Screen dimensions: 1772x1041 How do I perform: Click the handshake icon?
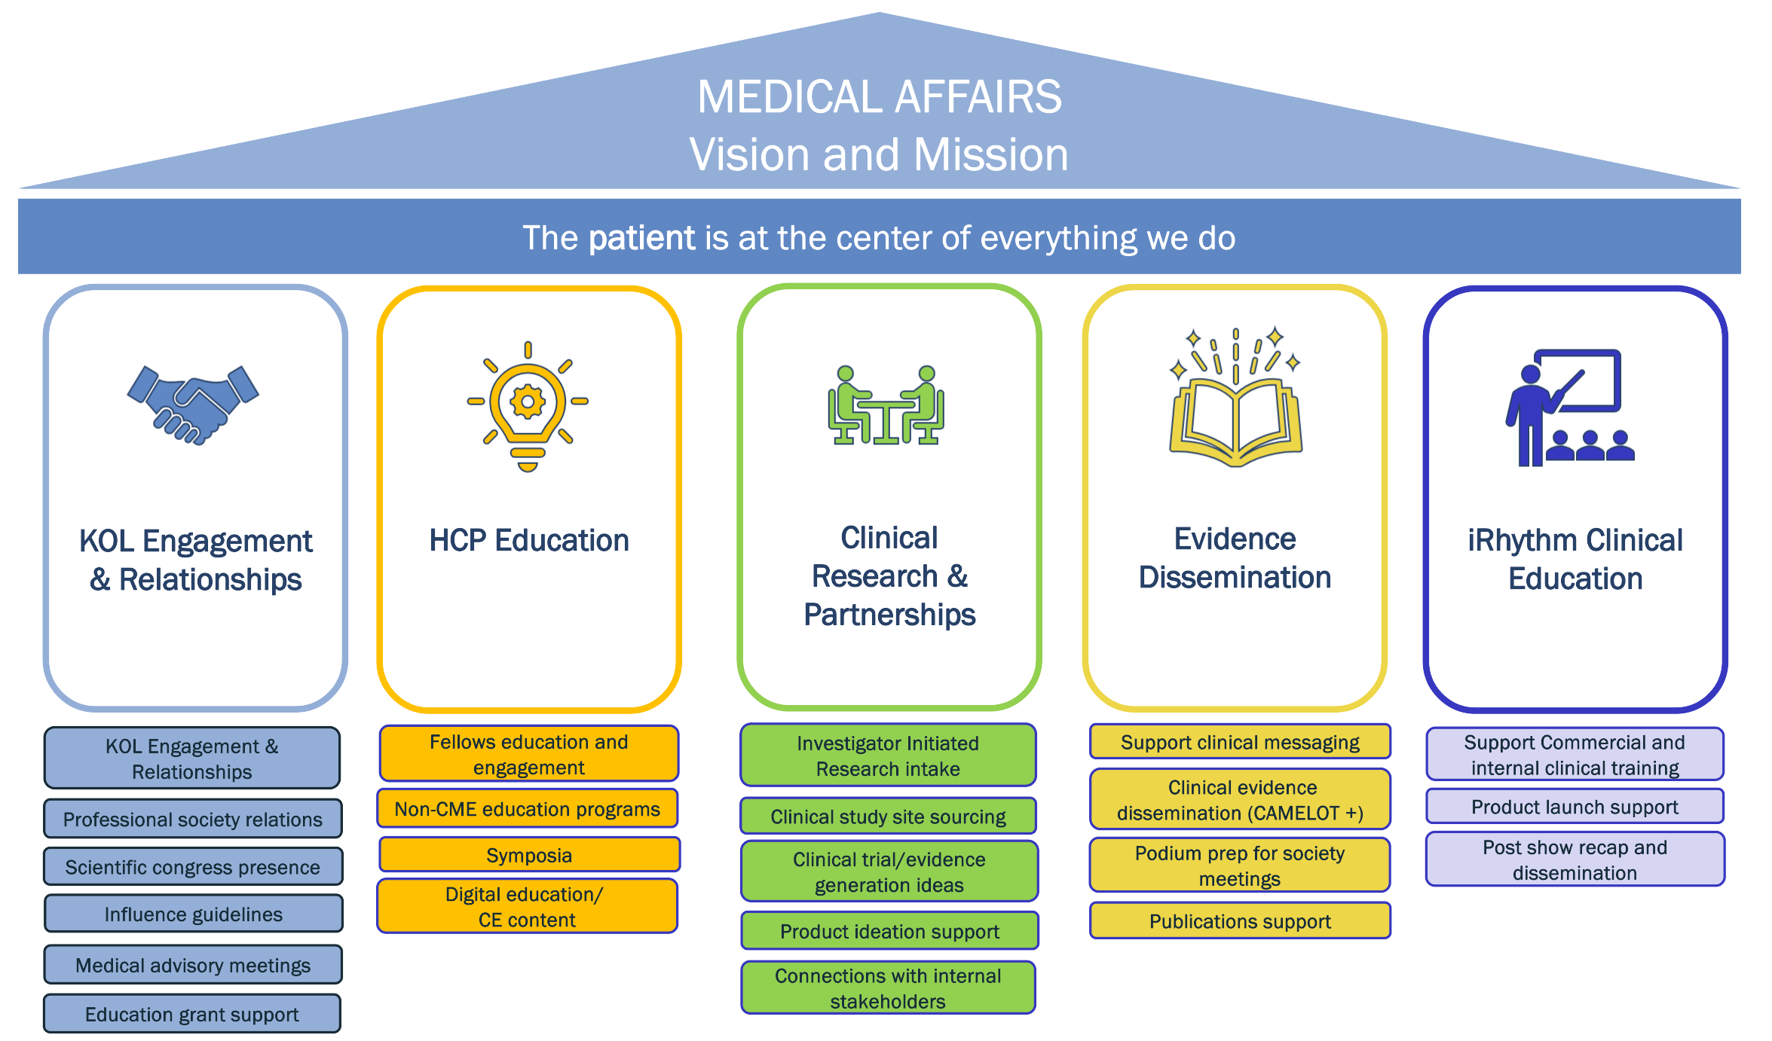pos(193,405)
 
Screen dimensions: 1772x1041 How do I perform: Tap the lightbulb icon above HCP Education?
pos(528,407)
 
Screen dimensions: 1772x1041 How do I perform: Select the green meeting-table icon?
pos(886,405)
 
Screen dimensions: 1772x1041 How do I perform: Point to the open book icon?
pos(1235,398)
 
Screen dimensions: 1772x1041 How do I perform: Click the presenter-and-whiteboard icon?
pos(1571,408)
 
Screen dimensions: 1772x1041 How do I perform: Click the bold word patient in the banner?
pos(641,238)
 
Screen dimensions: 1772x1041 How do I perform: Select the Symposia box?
pos(529,855)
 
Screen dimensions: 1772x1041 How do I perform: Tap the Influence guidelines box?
pos(194,914)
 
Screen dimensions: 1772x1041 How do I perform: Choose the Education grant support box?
pos(192,1014)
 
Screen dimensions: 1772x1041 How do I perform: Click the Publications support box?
pos(1240,920)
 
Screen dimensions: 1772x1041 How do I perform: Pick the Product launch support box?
pos(1575,807)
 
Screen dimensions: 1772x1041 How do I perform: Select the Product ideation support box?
pos(889,931)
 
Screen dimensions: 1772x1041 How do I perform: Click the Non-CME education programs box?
pos(528,808)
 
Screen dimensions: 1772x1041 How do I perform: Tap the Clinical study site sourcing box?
pos(888,816)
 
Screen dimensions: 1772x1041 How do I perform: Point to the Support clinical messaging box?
pos(1240,742)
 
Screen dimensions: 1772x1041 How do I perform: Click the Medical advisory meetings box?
pos(193,965)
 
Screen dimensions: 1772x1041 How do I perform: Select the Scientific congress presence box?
pos(193,866)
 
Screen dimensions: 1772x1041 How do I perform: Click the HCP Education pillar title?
pos(529,540)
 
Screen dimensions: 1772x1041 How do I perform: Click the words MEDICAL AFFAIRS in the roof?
pos(880,96)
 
